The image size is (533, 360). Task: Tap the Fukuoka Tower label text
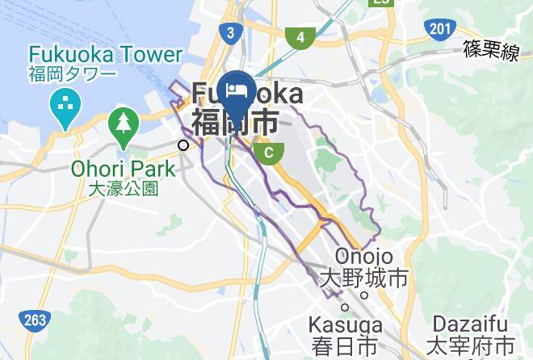pos(106,55)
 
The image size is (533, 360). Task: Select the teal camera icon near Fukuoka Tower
pos(62,103)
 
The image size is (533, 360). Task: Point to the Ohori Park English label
pos(124,170)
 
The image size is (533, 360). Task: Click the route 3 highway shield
pos(231,33)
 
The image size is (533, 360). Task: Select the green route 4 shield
pos(300,37)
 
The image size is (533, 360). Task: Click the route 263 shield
pos(35,320)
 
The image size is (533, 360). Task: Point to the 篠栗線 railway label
pos(490,51)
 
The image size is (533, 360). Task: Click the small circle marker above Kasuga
pos(345,306)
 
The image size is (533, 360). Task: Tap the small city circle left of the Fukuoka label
pos(185,145)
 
